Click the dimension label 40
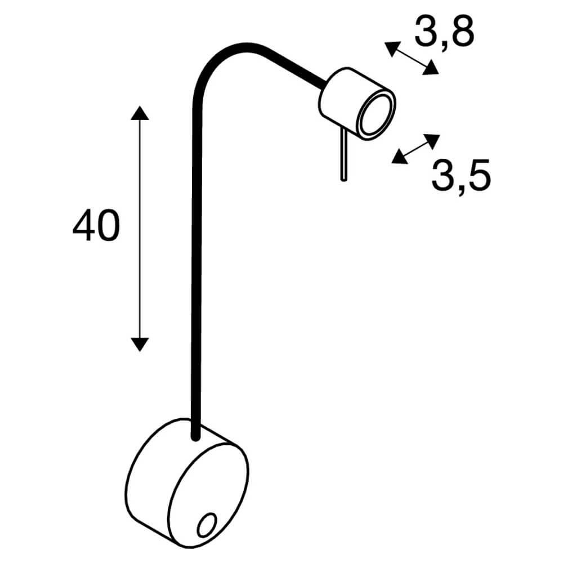[x=96, y=226]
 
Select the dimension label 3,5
[x=461, y=176]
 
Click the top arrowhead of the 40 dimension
[x=139, y=113]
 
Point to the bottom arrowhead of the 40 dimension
[x=139, y=343]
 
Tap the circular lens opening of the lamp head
[x=374, y=115]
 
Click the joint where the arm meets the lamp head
[x=324, y=86]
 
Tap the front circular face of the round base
[x=208, y=495]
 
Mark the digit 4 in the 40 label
[x=84, y=226]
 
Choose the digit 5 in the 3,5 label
[x=477, y=176]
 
